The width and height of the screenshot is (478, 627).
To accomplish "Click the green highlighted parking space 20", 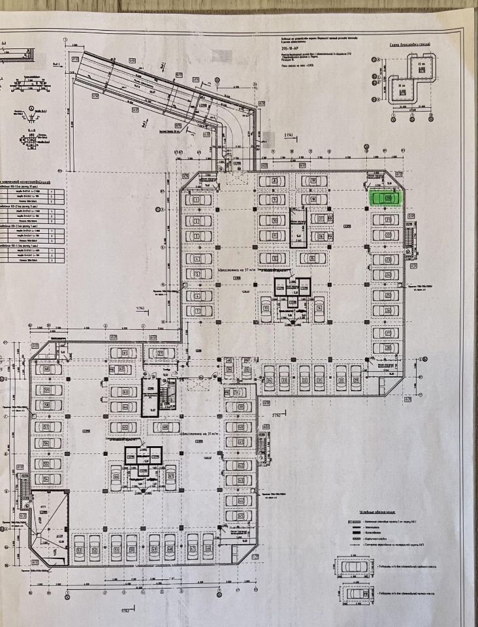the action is coord(386,197).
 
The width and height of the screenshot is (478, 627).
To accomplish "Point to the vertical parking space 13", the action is coord(266,310).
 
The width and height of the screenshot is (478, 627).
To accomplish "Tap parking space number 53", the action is coord(78,548).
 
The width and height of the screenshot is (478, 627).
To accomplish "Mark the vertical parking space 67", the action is coord(170,477).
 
